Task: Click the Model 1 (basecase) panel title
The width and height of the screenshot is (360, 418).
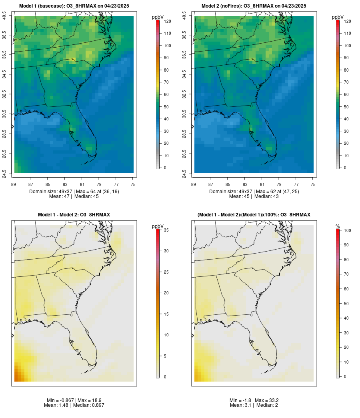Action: pyautogui.click(x=74, y=6)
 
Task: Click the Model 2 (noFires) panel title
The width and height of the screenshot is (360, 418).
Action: pyautogui.click(x=254, y=6)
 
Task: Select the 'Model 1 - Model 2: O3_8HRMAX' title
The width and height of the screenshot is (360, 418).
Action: pyautogui.click(x=74, y=215)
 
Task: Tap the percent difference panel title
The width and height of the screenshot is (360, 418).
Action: pyautogui.click(x=254, y=215)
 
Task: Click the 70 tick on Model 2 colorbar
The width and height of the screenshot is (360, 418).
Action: pyautogui.click(x=345, y=82)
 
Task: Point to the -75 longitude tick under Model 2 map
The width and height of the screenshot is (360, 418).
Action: pyautogui.click(x=313, y=184)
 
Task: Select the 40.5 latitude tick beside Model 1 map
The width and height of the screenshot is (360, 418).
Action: pyautogui.click(x=4, y=16)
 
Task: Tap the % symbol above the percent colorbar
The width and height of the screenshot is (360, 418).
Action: pyautogui.click(x=338, y=226)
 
